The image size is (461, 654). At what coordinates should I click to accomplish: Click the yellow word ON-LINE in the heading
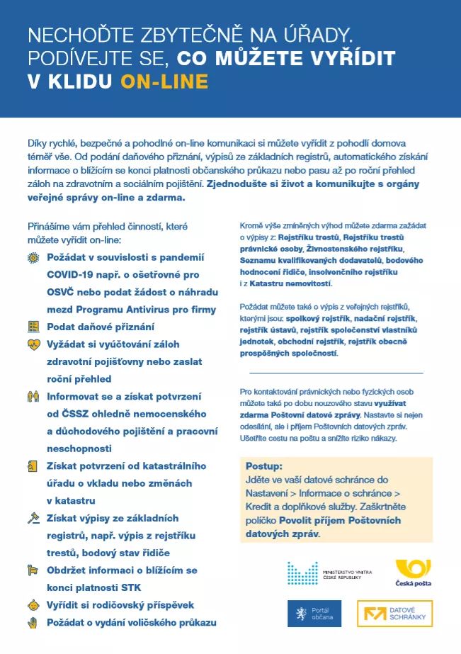[x=164, y=81]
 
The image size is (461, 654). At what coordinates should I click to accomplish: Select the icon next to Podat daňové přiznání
[x=33, y=327]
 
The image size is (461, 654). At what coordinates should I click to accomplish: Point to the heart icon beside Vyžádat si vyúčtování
[x=33, y=344]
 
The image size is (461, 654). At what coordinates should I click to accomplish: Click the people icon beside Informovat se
[x=33, y=396]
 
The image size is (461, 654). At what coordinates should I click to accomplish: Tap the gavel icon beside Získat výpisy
[x=33, y=518]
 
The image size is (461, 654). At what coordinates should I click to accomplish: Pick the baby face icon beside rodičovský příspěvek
[x=33, y=605]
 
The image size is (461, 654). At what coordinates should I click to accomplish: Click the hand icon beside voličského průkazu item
[x=33, y=622]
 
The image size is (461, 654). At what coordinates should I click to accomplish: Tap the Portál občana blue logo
[x=314, y=614]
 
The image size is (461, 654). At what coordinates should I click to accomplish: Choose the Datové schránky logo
[x=394, y=614]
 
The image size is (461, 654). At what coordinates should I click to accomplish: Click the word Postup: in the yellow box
[x=263, y=466]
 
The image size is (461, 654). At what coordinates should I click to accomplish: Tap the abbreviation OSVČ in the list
[x=63, y=292]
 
